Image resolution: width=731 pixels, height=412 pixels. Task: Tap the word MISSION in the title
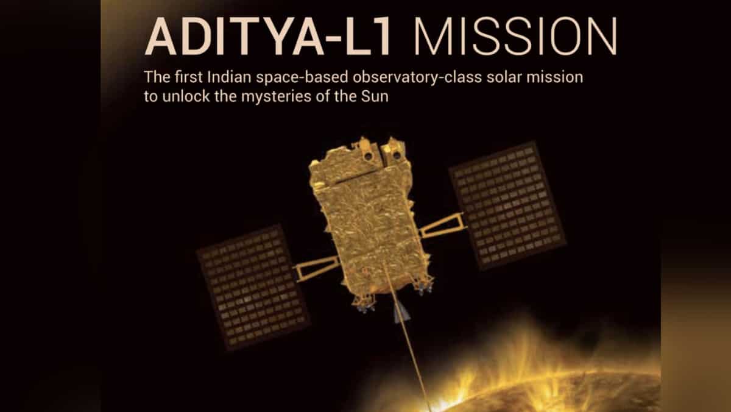(x=514, y=38)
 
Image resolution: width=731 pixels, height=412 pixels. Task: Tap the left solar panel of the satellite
(x=253, y=286)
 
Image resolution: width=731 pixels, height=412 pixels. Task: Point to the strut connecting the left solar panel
(x=317, y=268)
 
